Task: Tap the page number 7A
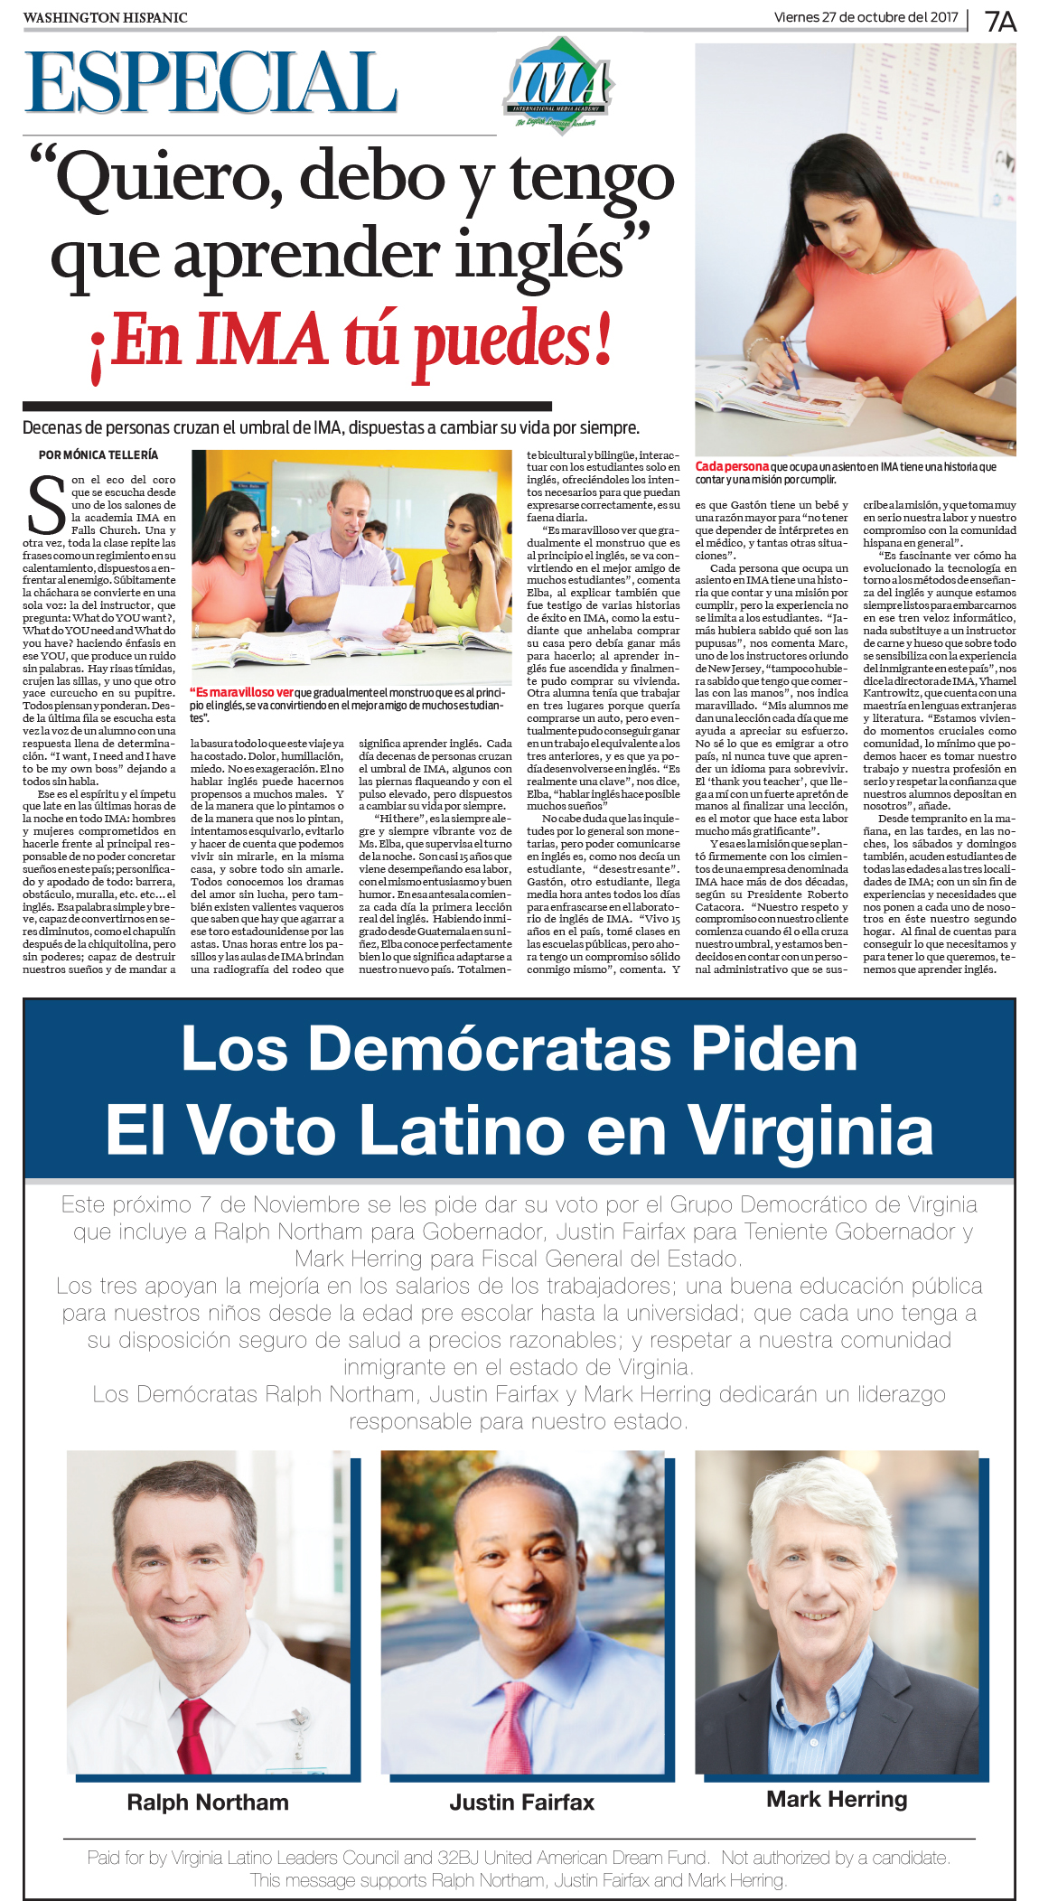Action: click(1000, 21)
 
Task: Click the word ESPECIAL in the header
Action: click(211, 83)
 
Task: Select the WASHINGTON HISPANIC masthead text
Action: click(105, 18)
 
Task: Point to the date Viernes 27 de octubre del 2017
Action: click(866, 17)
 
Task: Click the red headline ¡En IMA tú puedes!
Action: click(351, 342)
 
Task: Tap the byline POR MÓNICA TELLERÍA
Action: click(98, 454)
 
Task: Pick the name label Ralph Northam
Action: click(208, 1803)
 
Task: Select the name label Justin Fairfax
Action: click(521, 1803)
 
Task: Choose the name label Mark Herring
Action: click(837, 1799)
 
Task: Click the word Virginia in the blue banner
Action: click(810, 1129)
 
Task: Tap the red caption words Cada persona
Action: click(732, 466)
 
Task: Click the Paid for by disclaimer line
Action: click(519, 1859)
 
